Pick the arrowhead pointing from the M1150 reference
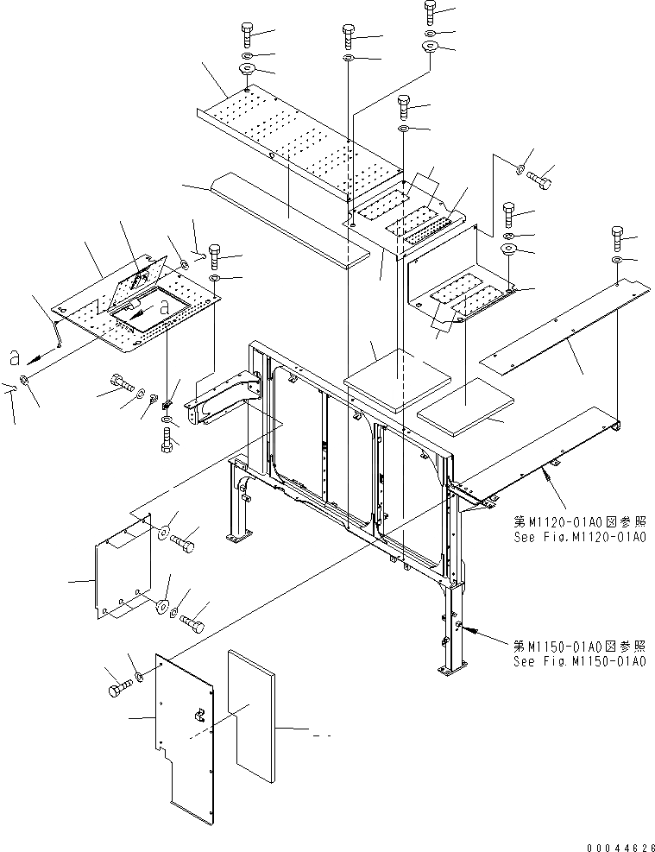pos(476,634)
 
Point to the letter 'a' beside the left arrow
pos(14,355)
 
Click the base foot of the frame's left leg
pos(235,540)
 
